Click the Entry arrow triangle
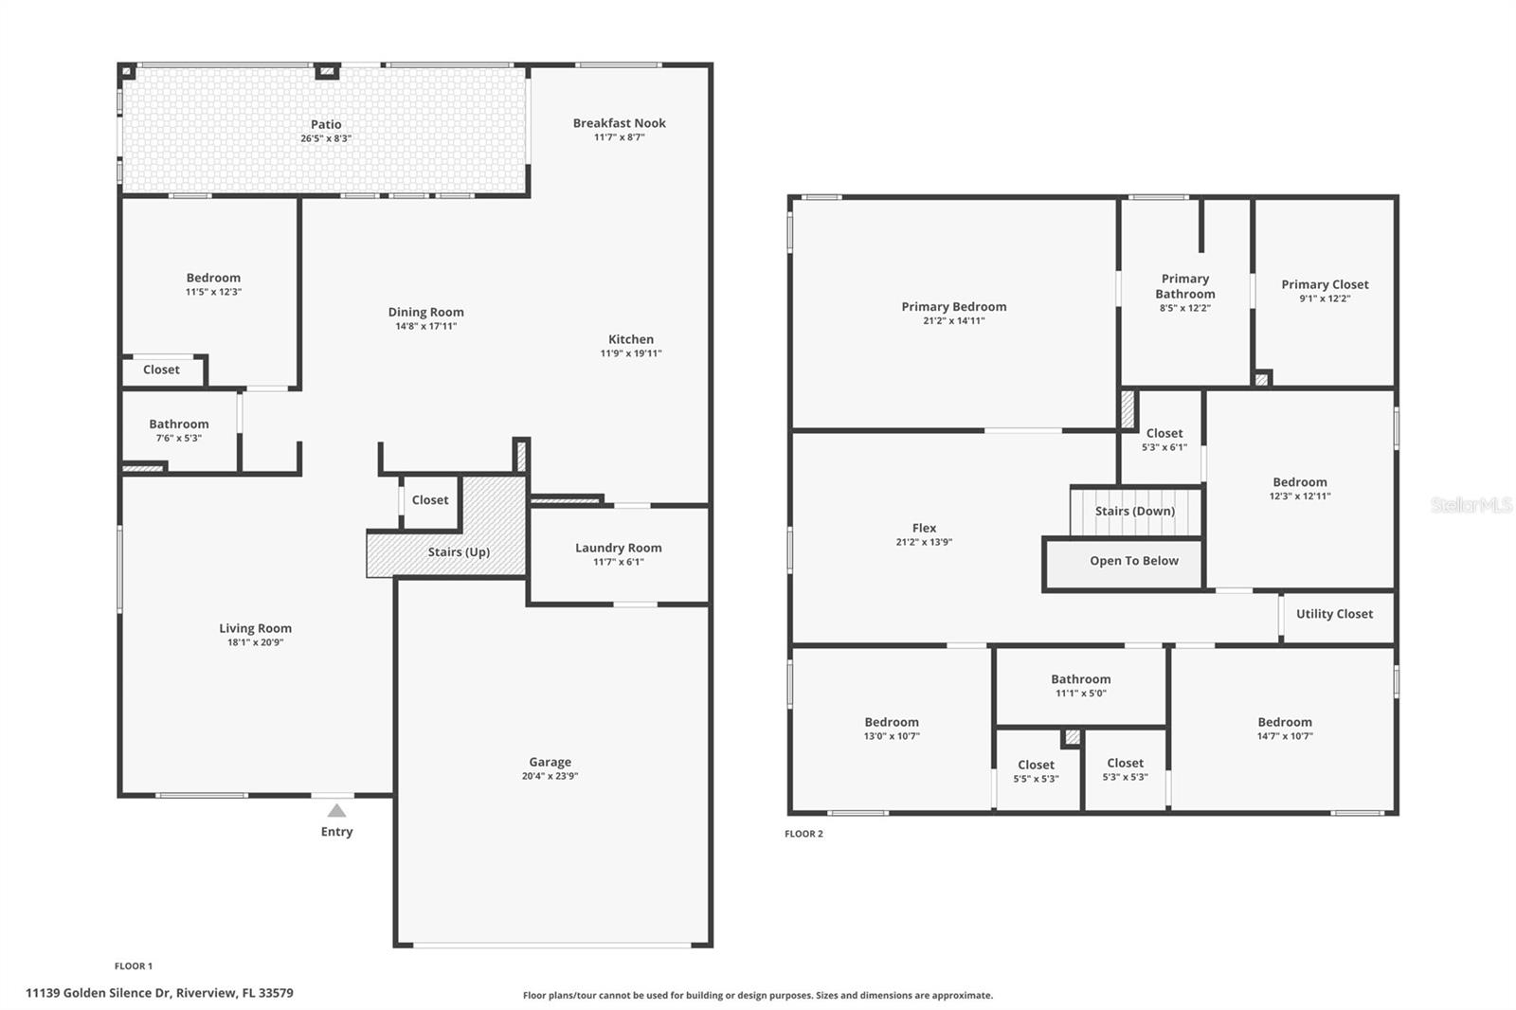click(336, 810)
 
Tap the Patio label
click(326, 124)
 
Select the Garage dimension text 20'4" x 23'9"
click(550, 776)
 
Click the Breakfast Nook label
click(620, 123)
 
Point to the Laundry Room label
click(619, 548)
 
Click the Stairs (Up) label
click(459, 551)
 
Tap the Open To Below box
click(1124, 563)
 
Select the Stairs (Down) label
click(1135, 511)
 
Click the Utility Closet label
click(1335, 614)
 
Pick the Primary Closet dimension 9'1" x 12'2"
click(1325, 298)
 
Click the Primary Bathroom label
click(1185, 286)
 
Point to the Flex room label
click(924, 528)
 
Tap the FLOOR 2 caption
click(804, 834)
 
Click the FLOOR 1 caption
click(134, 966)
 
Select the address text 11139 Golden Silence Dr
click(98, 993)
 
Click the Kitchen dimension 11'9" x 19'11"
click(631, 352)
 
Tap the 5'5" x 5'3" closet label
click(1037, 779)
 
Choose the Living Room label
click(255, 628)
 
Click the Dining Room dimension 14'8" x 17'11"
click(425, 326)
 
